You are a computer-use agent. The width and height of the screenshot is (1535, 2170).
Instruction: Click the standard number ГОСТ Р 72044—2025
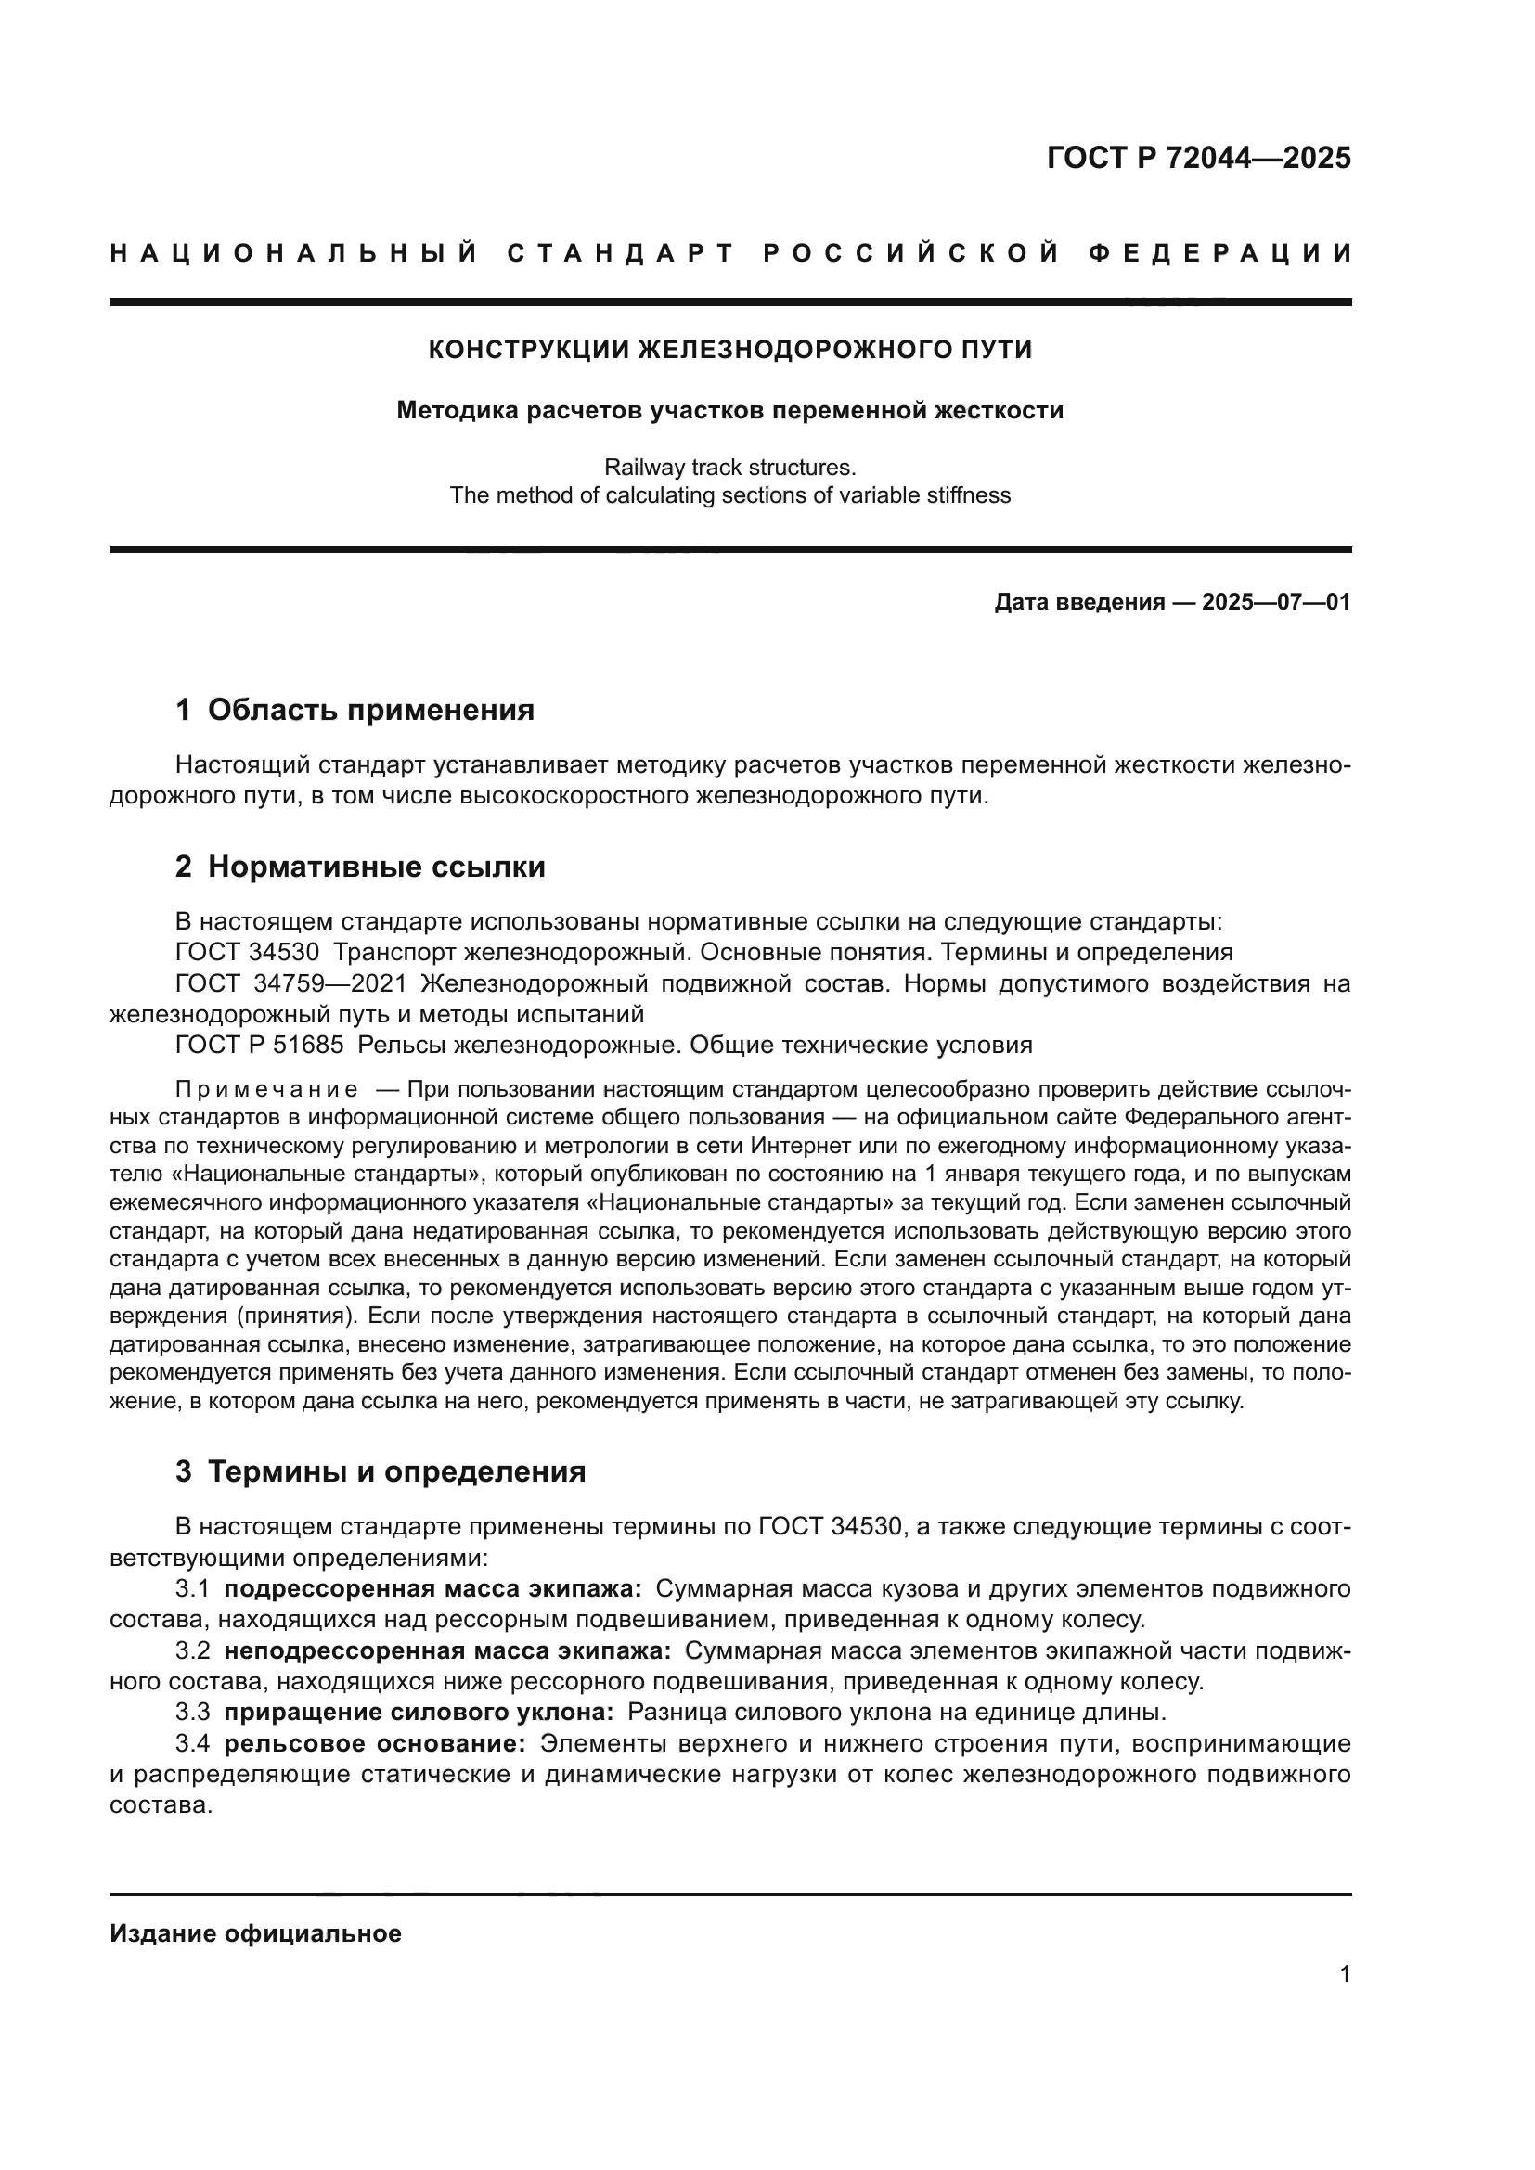point(1198,158)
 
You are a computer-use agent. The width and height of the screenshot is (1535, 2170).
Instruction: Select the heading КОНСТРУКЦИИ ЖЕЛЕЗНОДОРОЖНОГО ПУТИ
point(729,350)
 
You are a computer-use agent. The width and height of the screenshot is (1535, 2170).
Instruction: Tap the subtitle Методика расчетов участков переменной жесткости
point(729,410)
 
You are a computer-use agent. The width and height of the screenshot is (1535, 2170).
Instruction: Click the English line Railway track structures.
point(729,467)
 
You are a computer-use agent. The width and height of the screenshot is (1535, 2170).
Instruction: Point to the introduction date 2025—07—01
point(1276,602)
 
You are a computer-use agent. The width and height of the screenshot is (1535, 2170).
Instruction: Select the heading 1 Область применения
point(355,710)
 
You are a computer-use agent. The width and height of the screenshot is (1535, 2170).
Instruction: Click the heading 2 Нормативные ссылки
point(360,867)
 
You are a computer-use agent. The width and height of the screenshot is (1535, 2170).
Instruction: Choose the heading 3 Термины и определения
point(380,1471)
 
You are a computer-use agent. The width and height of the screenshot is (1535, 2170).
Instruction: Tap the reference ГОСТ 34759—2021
point(290,983)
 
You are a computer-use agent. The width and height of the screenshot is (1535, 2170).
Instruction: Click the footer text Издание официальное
point(255,1933)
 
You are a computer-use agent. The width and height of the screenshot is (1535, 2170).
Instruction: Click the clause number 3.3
point(193,1713)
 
